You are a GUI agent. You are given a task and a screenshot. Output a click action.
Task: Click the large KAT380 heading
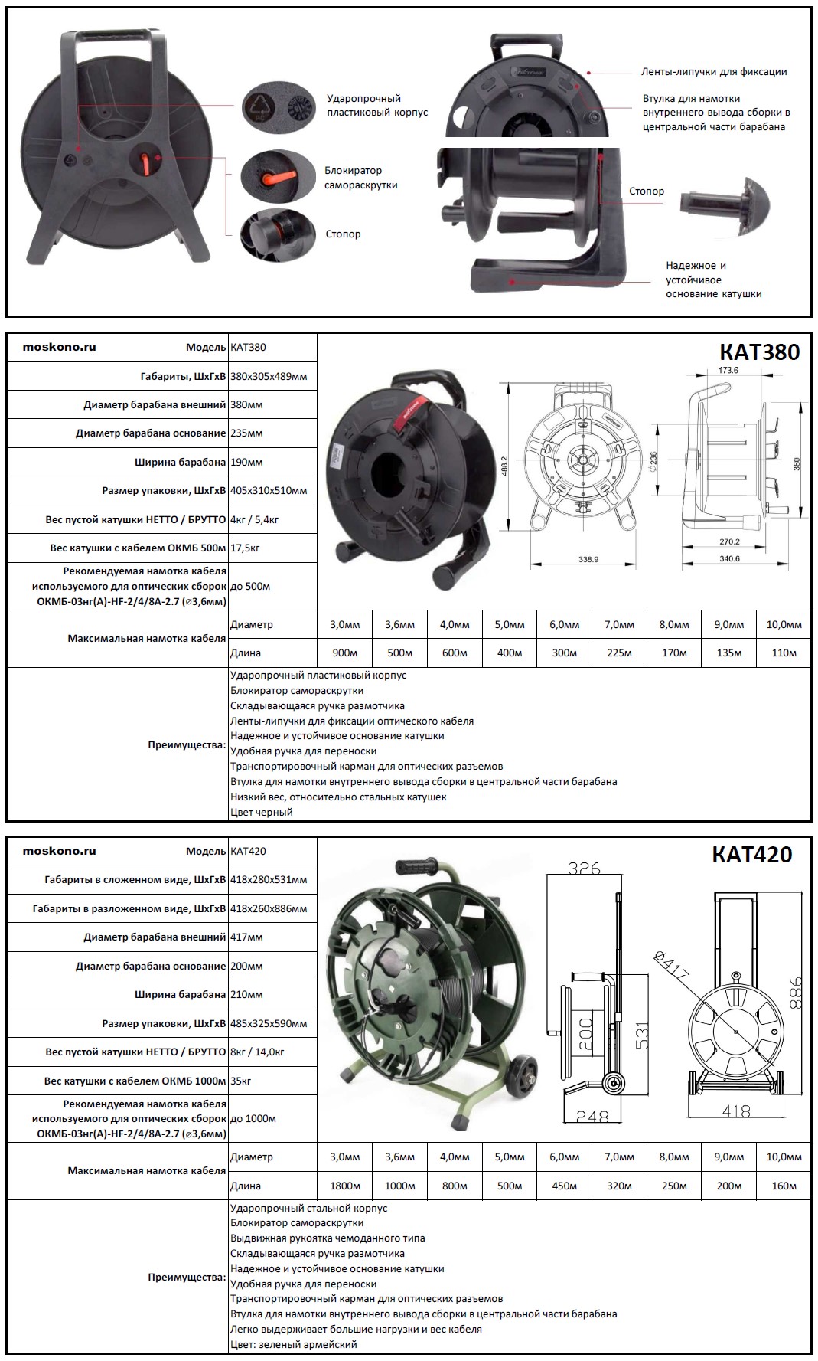coord(759,352)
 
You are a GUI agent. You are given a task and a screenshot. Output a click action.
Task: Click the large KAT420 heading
coord(751,854)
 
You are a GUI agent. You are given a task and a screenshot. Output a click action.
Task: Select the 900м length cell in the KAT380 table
coord(344,653)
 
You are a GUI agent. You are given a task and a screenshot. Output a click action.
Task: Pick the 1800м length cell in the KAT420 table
coord(344,1186)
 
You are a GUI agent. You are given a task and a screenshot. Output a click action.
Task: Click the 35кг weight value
coord(241,1081)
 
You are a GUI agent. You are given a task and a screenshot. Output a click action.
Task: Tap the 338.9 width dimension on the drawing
coord(588,560)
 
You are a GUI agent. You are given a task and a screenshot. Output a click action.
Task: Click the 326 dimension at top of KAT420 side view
coord(584,869)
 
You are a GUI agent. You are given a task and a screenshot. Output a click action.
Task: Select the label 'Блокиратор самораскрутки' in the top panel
coord(360,178)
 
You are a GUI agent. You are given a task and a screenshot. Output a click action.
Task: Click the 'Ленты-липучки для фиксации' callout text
coord(713,72)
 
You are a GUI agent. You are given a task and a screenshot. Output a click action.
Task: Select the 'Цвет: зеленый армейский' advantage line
coord(294,1344)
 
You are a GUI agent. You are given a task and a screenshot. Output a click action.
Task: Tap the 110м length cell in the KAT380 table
coord(784,653)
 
